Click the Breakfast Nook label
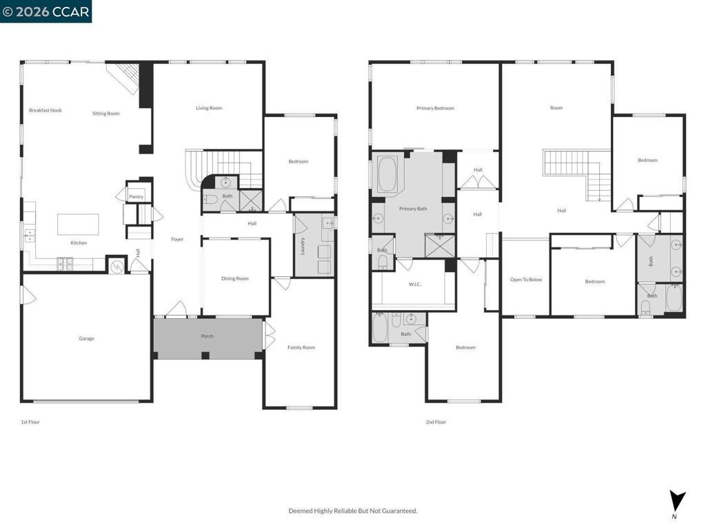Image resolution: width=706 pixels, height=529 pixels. [45, 110]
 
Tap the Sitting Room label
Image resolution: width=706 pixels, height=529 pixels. [106, 114]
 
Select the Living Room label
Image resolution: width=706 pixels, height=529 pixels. [209, 108]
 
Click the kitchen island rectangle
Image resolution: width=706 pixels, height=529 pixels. [77, 225]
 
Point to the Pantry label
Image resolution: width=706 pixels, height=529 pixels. [136, 197]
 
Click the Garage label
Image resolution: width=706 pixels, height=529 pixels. [86, 338]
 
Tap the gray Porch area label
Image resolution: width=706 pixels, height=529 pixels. [207, 336]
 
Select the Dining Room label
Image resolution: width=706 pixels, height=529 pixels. [235, 279]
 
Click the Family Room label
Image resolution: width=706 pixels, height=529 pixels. [301, 347]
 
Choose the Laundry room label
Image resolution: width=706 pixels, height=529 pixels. [303, 246]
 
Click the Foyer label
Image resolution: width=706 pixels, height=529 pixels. [177, 239]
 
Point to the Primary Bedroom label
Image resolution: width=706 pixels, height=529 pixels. [435, 108]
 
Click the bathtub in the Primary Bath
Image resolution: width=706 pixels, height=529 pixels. [387, 175]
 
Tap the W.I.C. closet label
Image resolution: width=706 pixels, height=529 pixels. [414, 284]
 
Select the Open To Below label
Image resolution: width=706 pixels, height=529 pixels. [525, 280]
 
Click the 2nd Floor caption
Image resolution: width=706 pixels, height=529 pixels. [436, 422]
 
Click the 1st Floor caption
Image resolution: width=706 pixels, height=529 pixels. [30, 422]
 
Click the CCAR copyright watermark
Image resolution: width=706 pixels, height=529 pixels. [46, 12]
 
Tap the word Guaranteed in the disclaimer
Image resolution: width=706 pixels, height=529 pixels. [399, 510]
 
